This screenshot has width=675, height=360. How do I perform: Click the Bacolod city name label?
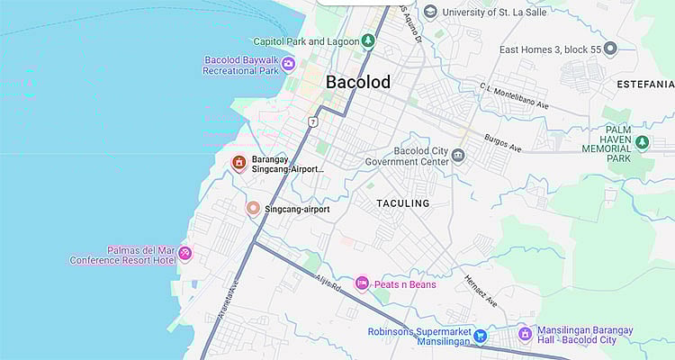click(x=357, y=82)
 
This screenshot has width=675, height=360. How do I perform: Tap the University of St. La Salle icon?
click(x=430, y=12)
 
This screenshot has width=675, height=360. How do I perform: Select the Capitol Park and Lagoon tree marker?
click(x=367, y=40)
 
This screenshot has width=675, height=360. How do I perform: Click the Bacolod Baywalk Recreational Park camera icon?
click(x=288, y=63)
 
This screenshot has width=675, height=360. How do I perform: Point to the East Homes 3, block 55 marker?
click(x=610, y=49)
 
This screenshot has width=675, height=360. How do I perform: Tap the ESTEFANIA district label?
click(x=644, y=84)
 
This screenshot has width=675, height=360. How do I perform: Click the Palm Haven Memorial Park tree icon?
click(x=642, y=142)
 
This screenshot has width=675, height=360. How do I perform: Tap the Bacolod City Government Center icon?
click(x=459, y=156)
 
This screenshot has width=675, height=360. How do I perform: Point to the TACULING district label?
click(x=402, y=203)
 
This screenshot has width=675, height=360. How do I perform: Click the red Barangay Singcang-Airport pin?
click(x=238, y=163)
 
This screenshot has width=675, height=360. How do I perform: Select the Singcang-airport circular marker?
click(x=254, y=209)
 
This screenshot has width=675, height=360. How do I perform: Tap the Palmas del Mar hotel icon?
click(x=184, y=253)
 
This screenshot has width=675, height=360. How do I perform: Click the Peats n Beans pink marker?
click(x=362, y=284)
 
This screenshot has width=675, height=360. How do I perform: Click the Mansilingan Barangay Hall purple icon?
click(x=524, y=334)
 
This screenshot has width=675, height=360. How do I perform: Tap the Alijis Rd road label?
click(x=330, y=286)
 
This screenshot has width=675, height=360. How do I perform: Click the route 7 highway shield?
click(x=313, y=121)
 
